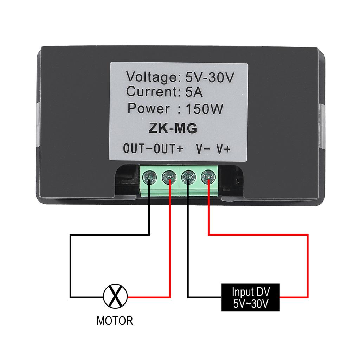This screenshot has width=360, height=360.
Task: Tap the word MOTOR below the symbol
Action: (115, 321)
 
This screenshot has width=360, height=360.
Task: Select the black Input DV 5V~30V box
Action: (250, 297)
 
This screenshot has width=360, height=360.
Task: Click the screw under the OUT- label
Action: (150, 177)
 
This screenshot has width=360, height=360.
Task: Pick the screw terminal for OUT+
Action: (169, 177)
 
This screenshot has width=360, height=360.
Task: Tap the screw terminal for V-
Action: (188, 177)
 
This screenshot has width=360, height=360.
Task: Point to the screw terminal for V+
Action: (208, 177)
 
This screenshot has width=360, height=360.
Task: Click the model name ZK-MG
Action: (173, 128)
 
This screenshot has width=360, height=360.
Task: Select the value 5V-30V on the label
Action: (210, 77)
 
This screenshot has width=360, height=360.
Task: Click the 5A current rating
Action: (194, 92)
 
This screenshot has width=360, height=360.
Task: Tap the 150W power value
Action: (204, 109)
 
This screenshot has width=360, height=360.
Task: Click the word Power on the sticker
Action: (149, 108)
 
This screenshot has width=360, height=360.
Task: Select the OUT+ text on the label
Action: (168, 149)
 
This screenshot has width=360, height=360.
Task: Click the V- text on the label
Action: (203, 149)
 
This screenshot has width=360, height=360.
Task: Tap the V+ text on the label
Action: (223, 149)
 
